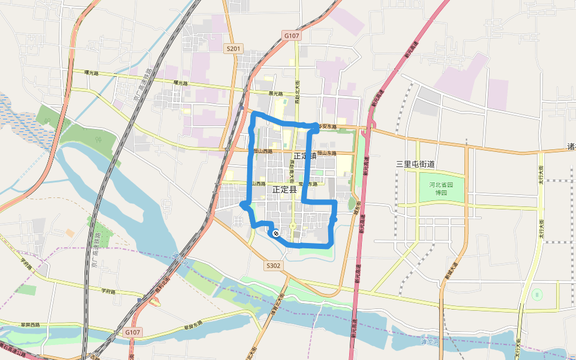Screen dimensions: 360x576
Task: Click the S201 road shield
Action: [x=233, y=49]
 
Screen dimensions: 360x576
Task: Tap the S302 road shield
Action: [x=273, y=265]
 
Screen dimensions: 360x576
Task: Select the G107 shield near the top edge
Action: [x=292, y=36]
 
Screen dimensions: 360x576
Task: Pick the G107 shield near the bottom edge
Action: [x=133, y=332]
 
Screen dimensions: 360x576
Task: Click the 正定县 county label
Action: [x=284, y=189]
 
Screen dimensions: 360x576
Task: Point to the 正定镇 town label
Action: [x=304, y=155]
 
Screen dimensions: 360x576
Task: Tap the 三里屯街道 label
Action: [x=415, y=164]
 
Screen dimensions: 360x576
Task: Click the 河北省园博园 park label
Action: [x=442, y=189]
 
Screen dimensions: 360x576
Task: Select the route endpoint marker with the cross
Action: [x=275, y=233]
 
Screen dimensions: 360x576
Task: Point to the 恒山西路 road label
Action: [x=263, y=151]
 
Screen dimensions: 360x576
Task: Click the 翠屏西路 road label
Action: [x=29, y=325]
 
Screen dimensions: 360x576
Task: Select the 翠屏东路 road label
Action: [x=195, y=328]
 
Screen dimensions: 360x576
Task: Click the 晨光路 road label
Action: [x=275, y=94]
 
